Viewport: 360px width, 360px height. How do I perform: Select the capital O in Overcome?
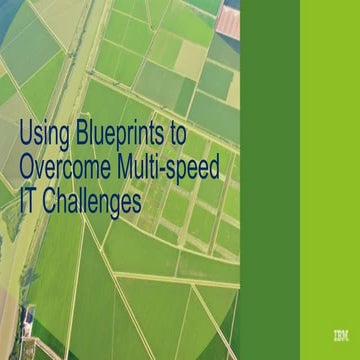pos(29,161)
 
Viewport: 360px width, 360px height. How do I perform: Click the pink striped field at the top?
pos(229,20)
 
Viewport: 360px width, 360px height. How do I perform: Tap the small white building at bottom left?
pos(29,318)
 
